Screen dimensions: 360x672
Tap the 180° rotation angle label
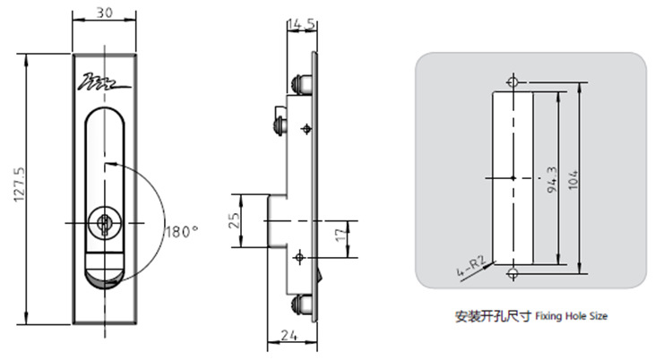(x=181, y=231)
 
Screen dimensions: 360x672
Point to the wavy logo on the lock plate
(x=106, y=83)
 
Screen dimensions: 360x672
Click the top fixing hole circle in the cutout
(x=512, y=82)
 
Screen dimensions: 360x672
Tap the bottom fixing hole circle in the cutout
(x=512, y=273)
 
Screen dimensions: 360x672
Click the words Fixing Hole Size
(x=573, y=316)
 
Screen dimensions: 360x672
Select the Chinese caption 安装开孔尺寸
(x=493, y=316)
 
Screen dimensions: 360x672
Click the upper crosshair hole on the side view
(x=307, y=131)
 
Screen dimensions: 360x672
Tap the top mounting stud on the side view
(x=301, y=82)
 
